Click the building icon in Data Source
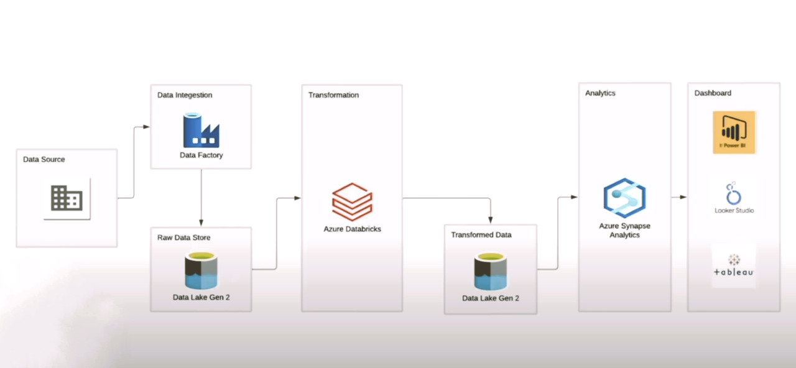coord(67,198)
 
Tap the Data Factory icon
coord(201,131)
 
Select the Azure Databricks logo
coord(352,201)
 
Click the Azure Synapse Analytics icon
coord(624,198)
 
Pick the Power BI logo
coord(734,132)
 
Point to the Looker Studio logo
coord(734,194)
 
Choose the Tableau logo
coord(734,265)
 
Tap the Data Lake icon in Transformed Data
coord(490,272)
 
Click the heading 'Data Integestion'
coord(185,95)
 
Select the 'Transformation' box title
coord(333,95)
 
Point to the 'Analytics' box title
coord(600,93)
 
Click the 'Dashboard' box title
coord(713,93)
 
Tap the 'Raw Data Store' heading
coord(183,237)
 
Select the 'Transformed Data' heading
coord(481,235)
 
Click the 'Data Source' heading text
coord(44,159)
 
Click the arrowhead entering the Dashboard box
coord(683,197)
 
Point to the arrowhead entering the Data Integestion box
coord(146,127)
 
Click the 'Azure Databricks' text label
coord(352,229)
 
